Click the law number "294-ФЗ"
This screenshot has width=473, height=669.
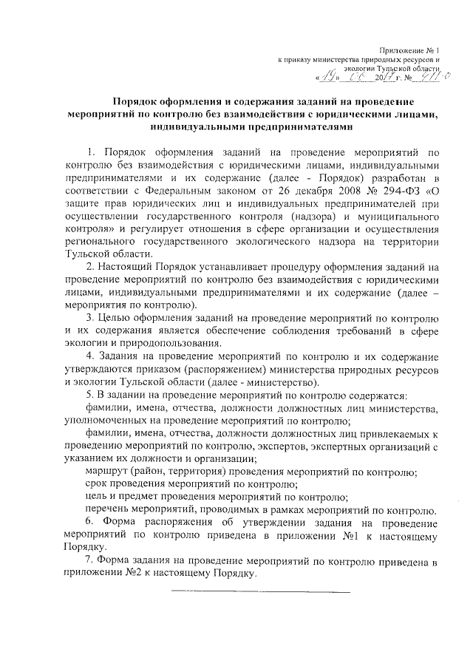(x=402, y=191)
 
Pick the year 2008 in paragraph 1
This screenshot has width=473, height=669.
(x=338, y=191)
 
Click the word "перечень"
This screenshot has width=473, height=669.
(x=109, y=510)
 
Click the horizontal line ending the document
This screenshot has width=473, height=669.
(x=261, y=591)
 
